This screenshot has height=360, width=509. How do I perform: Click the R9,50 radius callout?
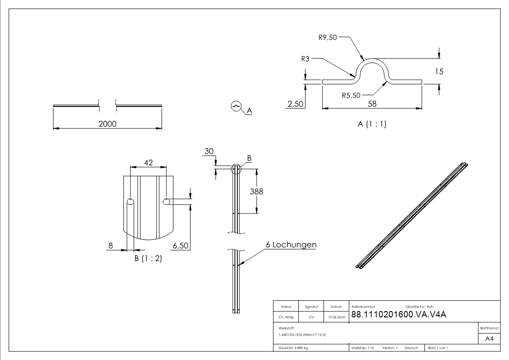[x=328, y=38]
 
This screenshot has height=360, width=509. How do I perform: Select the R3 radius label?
[x=305, y=58]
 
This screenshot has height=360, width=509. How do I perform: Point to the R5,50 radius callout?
[x=352, y=95]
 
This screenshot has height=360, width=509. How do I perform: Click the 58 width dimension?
[x=372, y=104]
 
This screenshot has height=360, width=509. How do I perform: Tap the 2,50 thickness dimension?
[x=296, y=104]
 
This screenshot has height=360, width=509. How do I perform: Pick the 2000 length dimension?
[x=107, y=124]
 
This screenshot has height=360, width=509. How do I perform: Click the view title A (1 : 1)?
[x=372, y=124]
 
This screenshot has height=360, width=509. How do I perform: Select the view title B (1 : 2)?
[x=148, y=258]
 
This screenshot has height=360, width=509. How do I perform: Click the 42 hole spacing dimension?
[x=148, y=162]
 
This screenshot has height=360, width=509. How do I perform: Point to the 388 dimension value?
[x=257, y=191]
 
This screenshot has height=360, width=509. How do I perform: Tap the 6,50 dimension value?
[x=181, y=246]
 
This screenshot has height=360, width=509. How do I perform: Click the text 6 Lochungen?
[x=291, y=245]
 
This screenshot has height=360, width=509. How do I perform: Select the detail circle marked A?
[x=236, y=106]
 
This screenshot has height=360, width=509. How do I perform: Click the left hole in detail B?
[x=131, y=202]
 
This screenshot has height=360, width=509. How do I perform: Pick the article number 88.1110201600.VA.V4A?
[x=398, y=315]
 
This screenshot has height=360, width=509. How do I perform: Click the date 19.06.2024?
[x=336, y=317]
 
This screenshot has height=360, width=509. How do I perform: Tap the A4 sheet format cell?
[x=489, y=339]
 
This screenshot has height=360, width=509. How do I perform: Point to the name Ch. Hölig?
[x=286, y=317]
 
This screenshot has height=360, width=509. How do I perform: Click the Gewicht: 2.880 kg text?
[x=293, y=348]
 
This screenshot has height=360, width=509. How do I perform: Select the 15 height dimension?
[x=439, y=71]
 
